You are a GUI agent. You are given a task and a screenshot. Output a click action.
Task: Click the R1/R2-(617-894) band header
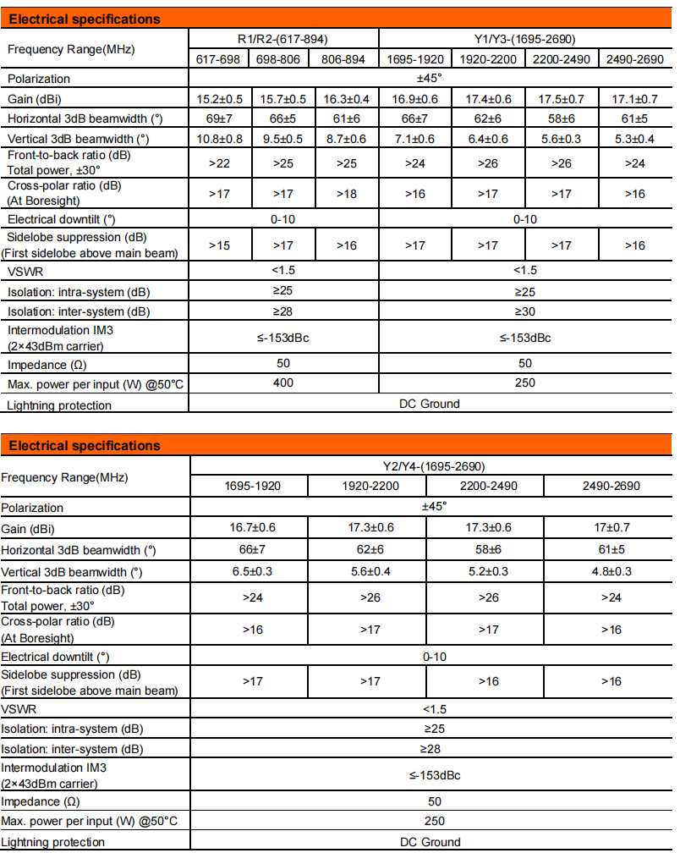tap(282, 39)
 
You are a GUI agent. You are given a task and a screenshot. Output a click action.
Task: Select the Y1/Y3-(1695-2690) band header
tap(524, 39)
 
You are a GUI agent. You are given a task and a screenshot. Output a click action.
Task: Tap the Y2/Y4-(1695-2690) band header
tap(431, 465)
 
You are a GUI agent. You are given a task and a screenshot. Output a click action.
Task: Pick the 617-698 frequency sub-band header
tap(219, 58)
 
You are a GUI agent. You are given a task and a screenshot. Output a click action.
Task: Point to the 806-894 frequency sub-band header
tap(345, 58)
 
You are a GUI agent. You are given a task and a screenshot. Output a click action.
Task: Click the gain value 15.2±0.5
tap(220, 99)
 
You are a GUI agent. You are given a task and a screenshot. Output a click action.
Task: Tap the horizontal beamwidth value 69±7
tap(220, 118)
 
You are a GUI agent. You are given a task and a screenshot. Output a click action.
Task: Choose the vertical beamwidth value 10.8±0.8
tap(220, 139)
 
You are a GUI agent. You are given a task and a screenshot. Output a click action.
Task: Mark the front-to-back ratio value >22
tap(220, 163)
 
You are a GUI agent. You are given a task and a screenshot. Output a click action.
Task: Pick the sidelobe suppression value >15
tap(220, 245)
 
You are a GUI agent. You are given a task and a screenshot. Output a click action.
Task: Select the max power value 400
tap(283, 383)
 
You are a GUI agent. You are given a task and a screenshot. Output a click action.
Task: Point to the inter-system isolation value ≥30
tap(524, 311)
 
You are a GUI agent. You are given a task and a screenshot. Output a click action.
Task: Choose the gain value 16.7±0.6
tap(253, 528)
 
